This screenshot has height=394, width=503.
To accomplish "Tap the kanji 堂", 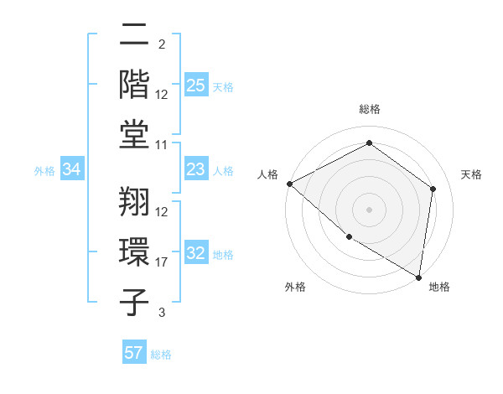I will tap(135, 132).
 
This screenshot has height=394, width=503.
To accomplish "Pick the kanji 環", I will tap(135, 251).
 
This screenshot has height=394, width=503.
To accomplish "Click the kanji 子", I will tap(135, 300).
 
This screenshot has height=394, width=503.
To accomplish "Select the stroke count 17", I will tap(162, 262).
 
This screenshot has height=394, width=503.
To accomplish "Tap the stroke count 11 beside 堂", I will tap(162, 145).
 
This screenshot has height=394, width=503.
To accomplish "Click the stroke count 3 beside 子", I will tap(161, 313).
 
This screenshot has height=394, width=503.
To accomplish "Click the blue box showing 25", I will tap(196, 86).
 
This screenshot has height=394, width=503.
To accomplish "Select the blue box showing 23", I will tap(196, 170).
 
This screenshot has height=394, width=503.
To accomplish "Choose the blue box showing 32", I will tap(196, 254).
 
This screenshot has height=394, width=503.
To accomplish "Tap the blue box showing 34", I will tap(72, 170).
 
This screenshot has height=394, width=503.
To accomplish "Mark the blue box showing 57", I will tap(134, 353).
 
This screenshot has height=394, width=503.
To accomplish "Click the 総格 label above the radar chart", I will tap(370, 110).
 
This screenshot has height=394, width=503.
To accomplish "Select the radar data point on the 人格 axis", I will tap(289, 184).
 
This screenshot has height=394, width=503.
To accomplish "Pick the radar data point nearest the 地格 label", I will tap(419, 276).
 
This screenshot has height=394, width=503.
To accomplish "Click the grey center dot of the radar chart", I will tap(370, 209).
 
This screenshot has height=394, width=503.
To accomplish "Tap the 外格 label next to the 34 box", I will tap(44, 171).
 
